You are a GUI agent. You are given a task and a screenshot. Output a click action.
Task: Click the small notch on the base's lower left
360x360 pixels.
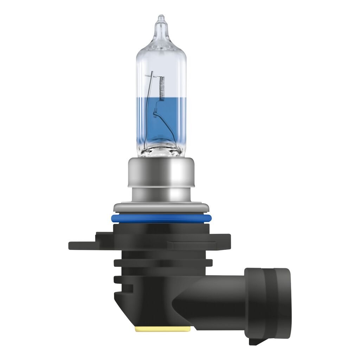click(120, 280)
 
